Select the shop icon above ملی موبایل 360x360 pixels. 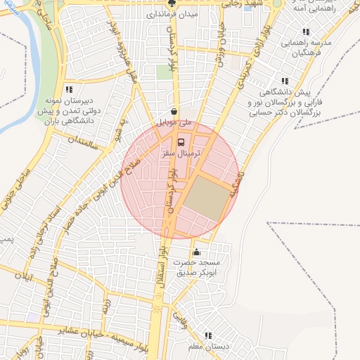click(x=174, y=111)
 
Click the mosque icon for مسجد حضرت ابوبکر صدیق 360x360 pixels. click(x=196, y=253)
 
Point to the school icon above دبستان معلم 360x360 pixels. click(x=207, y=336)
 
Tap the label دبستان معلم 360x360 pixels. click(x=207, y=347)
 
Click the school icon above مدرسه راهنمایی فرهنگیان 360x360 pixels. click(x=305, y=32)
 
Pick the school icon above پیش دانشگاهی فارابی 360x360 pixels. click(x=285, y=82)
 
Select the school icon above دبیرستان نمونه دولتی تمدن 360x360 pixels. click(x=69, y=89)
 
